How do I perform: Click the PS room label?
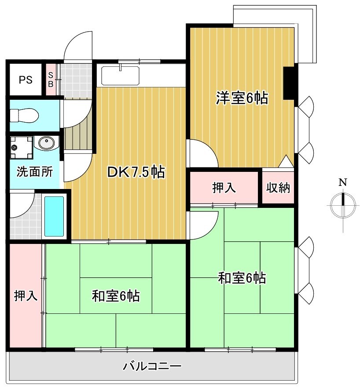(26, 80)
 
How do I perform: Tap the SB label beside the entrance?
(51, 80)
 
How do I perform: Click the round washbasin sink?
(47, 143)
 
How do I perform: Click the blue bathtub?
(54, 216)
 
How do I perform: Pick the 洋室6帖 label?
(242, 98)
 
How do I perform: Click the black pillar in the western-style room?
(290, 83)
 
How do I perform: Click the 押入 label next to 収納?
(224, 188)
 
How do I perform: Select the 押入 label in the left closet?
(25, 295)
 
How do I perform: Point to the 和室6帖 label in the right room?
(242, 278)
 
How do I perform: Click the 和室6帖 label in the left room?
(116, 296)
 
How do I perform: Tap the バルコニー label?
(152, 366)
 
